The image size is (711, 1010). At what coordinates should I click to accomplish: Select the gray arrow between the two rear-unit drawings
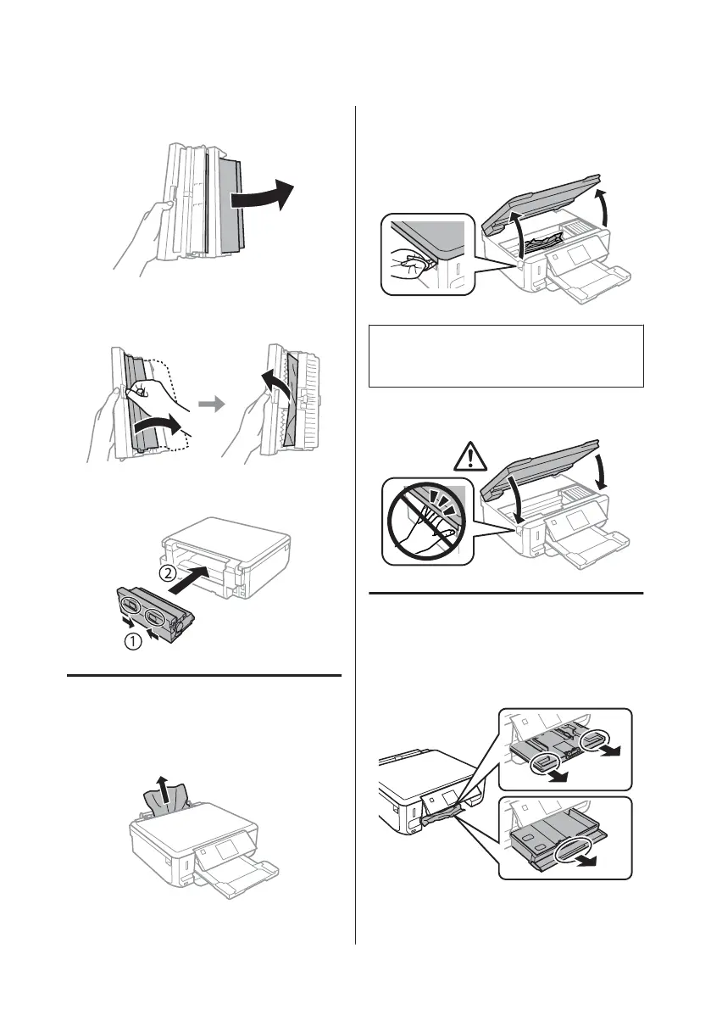218,405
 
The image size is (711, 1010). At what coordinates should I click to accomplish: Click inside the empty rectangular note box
506,355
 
